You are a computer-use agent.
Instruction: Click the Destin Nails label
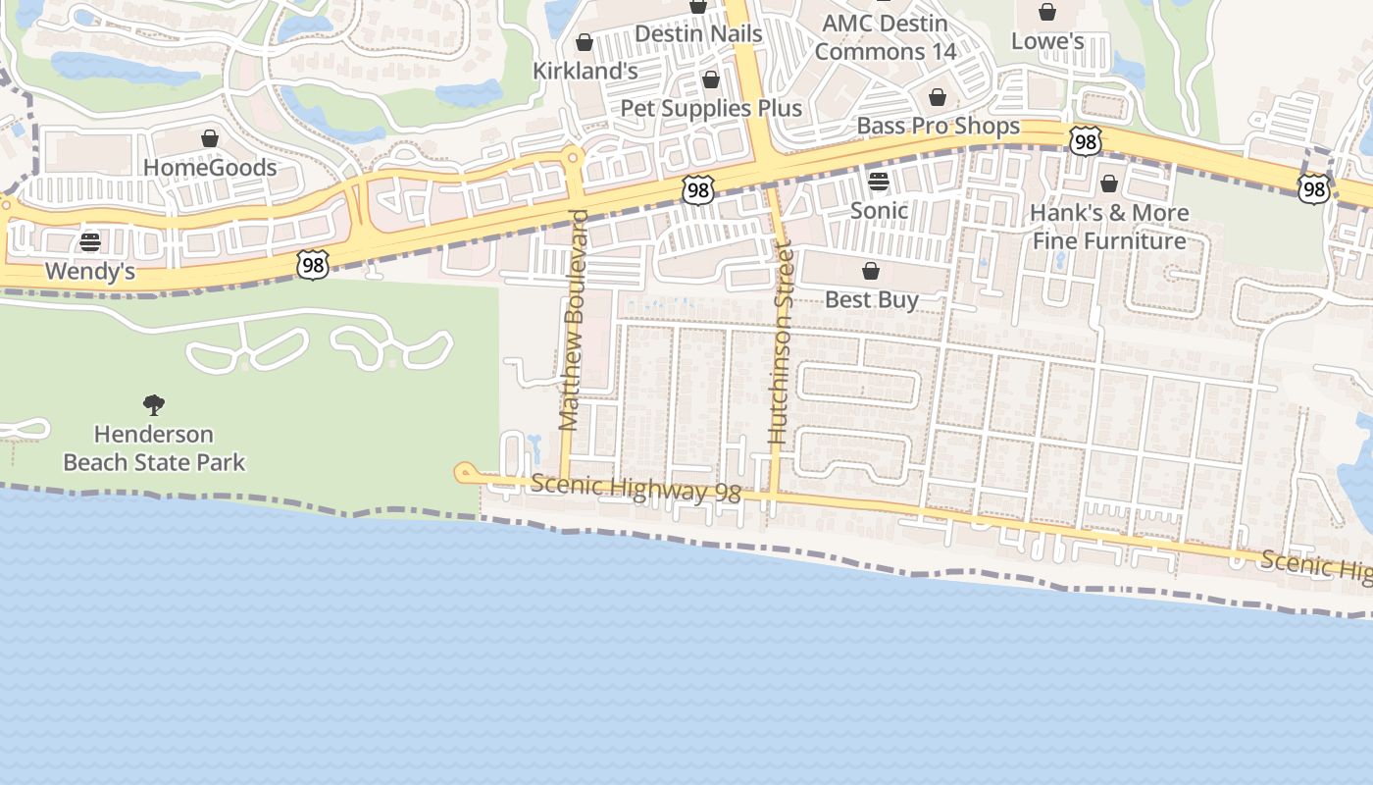coord(697,33)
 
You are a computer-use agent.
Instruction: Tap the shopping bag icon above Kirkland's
coord(585,42)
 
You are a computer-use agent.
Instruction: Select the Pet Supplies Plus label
coord(711,108)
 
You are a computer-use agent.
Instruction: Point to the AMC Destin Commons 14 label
coord(885,37)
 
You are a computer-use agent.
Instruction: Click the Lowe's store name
coord(1047,41)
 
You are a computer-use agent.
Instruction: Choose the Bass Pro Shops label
coord(938,127)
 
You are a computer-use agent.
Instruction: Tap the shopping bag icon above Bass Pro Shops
coord(938,97)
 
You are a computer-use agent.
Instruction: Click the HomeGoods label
coord(210,168)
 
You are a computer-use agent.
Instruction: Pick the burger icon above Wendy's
coord(90,241)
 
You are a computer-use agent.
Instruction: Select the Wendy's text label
coord(90,271)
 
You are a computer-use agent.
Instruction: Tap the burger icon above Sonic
coord(879,181)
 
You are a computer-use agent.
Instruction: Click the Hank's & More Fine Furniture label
coord(1109,227)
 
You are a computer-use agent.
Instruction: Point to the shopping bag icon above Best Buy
coord(871,271)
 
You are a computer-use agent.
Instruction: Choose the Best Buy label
coord(871,300)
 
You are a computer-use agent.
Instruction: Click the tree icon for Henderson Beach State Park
coord(154,404)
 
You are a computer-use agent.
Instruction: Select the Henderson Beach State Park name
coord(154,448)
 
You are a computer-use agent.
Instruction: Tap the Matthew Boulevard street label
coord(572,320)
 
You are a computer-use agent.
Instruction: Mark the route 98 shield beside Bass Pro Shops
coord(1085,142)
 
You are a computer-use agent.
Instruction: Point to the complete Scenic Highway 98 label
coord(636,489)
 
